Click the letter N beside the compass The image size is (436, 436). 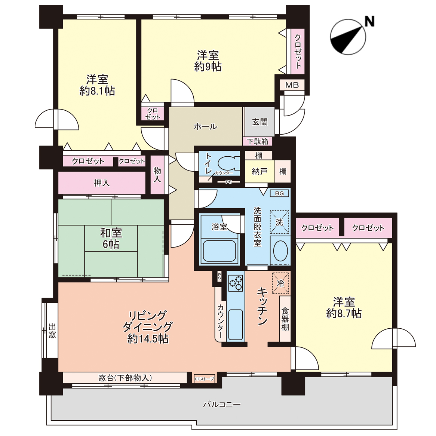pyautogui.click(x=369, y=21)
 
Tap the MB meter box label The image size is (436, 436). pyautogui.click(x=292, y=85)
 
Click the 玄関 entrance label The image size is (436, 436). pyautogui.click(x=260, y=122)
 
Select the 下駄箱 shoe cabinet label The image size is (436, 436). pyautogui.click(x=258, y=142)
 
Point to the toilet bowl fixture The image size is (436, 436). pyautogui.click(x=229, y=163)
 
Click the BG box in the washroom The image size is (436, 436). pyautogui.click(x=279, y=193)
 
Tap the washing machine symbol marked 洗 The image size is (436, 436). pyautogui.click(x=279, y=222)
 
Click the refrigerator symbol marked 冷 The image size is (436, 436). pyautogui.click(x=281, y=283)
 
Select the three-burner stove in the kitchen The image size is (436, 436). pyautogui.click(x=236, y=283)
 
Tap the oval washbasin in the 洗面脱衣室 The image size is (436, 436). pyautogui.click(x=280, y=250)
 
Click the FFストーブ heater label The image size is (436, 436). pyautogui.click(x=205, y=379)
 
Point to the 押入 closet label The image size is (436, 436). pyautogui.click(x=102, y=183)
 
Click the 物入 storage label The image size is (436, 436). pyautogui.click(x=157, y=175)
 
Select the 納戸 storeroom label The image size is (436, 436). pyautogui.click(x=260, y=172)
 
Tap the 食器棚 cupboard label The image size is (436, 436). pyautogui.click(x=285, y=319)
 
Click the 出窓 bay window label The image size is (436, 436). pyautogui.click(x=52, y=330)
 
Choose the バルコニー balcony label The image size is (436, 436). pyautogui.click(x=222, y=404)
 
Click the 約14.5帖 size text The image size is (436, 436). pyautogui.click(x=148, y=339)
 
